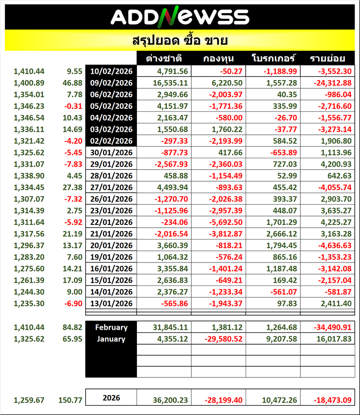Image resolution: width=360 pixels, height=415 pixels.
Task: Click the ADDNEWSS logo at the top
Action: pos(180,17)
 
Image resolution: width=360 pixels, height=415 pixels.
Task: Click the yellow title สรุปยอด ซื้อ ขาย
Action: pos(180,41)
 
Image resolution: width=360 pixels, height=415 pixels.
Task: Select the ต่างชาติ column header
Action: pos(164,58)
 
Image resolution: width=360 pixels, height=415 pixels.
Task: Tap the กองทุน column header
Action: pos(219,58)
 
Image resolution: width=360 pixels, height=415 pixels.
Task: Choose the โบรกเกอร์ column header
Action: pos(273,58)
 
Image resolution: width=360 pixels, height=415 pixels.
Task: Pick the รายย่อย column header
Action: pos(327,58)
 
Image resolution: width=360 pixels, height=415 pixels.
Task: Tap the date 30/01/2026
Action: pos(111,152)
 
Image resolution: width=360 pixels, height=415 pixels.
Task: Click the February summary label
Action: pos(111,327)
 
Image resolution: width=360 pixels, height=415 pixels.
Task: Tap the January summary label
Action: pos(111,339)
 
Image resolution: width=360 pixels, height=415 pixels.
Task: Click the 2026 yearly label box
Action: pos(111,398)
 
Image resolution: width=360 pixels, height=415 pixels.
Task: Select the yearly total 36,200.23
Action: pos(170,400)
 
